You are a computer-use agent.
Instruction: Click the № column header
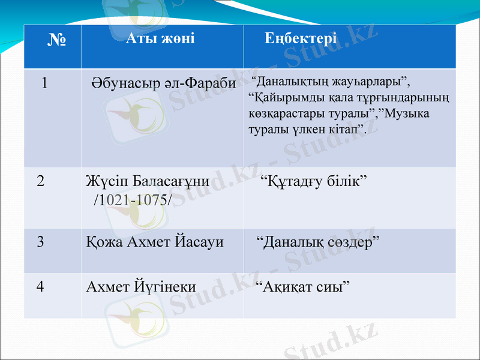(57, 41)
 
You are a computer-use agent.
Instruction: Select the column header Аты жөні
(160, 39)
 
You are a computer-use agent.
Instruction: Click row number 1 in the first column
(44, 83)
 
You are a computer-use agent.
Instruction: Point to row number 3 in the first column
(41, 242)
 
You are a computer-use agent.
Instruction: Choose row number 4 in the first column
(41, 286)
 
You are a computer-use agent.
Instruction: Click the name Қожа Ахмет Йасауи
(155, 242)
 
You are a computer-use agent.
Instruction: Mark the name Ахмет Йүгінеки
(141, 286)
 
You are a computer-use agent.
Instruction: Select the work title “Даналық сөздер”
(318, 242)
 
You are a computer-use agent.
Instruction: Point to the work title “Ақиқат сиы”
(303, 287)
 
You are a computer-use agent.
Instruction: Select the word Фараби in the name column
(211, 83)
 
